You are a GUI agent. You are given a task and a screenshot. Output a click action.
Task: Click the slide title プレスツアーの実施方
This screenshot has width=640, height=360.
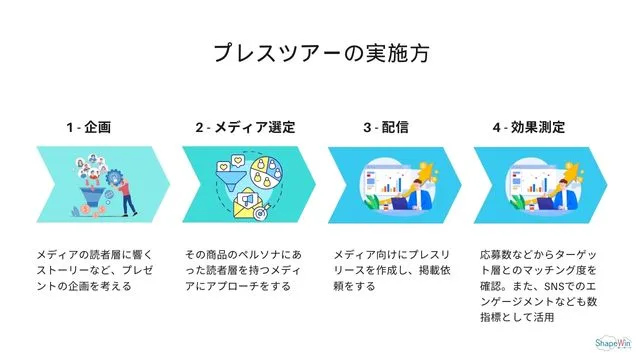[x=320, y=53]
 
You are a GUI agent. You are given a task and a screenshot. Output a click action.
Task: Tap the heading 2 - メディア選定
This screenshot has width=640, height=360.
[x=245, y=128]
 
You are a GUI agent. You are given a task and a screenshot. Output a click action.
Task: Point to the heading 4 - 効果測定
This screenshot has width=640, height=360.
[x=529, y=128]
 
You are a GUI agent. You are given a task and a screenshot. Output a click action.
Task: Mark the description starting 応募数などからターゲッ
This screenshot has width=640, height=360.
[x=538, y=286]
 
